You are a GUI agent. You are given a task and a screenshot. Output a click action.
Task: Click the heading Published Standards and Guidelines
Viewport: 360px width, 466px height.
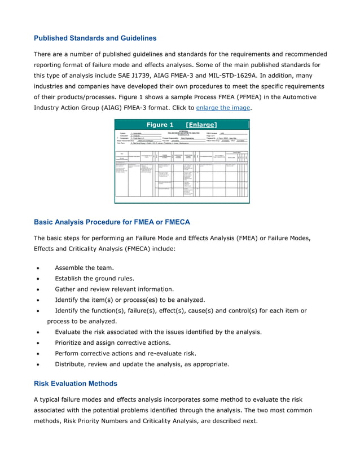(95, 38)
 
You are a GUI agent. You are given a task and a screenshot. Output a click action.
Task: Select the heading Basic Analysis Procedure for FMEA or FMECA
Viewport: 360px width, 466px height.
(112, 222)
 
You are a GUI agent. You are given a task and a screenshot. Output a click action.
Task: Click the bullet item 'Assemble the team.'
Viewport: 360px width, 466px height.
(84, 267)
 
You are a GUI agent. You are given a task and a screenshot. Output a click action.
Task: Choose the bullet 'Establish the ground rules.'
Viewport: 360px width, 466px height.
(94, 278)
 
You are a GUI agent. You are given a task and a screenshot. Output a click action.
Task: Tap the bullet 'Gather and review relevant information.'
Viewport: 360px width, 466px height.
(118, 289)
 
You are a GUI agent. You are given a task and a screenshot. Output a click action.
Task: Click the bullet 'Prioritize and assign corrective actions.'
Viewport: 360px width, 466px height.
(120, 342)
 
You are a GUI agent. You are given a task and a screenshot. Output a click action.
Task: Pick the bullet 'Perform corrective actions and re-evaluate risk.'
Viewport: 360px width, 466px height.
(125, 353)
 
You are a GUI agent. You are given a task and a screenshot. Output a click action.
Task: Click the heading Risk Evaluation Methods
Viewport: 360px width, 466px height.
(76, 384)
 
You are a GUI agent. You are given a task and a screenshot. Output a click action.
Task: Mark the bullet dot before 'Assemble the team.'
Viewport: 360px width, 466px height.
(37, 268)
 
